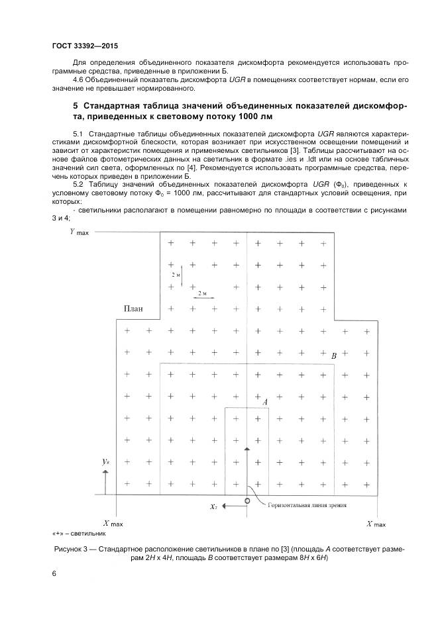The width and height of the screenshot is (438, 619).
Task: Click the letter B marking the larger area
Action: [334, 356]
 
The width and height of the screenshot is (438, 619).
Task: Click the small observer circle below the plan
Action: [247, 500]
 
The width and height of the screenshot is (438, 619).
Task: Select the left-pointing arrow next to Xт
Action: [231, 506]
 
